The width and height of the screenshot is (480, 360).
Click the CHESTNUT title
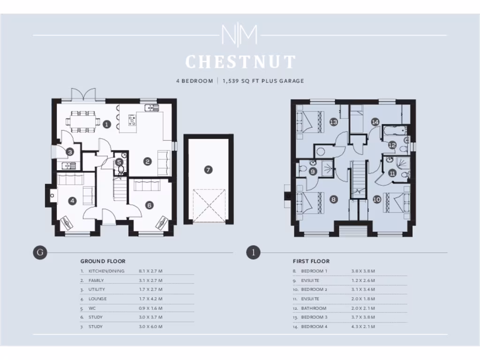click(x=240, y=62)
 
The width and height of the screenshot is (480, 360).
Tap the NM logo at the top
click(x=240, y=35)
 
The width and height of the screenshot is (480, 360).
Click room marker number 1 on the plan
click(x=107, y=124)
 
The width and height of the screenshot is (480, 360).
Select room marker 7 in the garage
click(x=208, y=170)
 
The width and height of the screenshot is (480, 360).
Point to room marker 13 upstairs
click(x=333, y=122)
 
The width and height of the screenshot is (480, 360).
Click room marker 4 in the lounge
click(x=72, y=201)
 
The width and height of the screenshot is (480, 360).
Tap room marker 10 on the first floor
click(x=376, y=199)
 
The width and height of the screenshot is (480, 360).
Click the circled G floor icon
click(x=40, y=253)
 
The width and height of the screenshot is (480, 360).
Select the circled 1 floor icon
click(x=253, y=253)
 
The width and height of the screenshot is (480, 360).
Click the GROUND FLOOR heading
click(x=103, y=261)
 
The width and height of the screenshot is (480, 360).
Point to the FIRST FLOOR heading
click(x=311, y=261)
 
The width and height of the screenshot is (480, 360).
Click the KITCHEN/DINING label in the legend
click(x=106, y=271)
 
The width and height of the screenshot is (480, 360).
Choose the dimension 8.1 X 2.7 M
click(x=150, y=271)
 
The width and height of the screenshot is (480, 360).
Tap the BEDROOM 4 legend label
click(x=314, y=326)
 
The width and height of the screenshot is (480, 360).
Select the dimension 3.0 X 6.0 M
click(x=150, y=326)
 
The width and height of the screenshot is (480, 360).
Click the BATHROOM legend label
click(x=314, y=308)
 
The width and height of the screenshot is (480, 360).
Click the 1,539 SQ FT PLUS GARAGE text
click(x=263, y=81)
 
